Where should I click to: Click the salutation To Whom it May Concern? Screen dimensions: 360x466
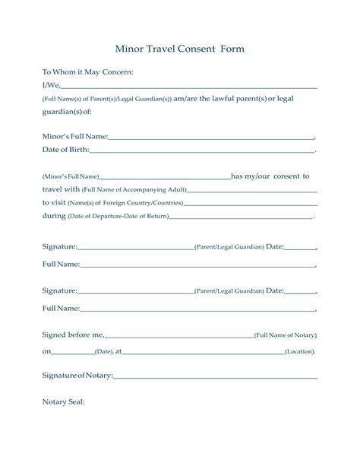(87, 71)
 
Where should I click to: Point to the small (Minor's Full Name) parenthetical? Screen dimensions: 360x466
(71, 176)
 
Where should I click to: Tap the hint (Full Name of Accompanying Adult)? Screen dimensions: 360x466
(134, 189)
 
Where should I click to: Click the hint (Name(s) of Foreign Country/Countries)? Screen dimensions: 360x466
(125, 203)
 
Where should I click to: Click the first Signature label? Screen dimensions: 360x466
(60, 247)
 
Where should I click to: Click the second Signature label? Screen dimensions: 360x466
(60, 290)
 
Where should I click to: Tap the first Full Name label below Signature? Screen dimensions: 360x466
(61, 264)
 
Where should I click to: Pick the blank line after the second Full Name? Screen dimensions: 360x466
(197, 309)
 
